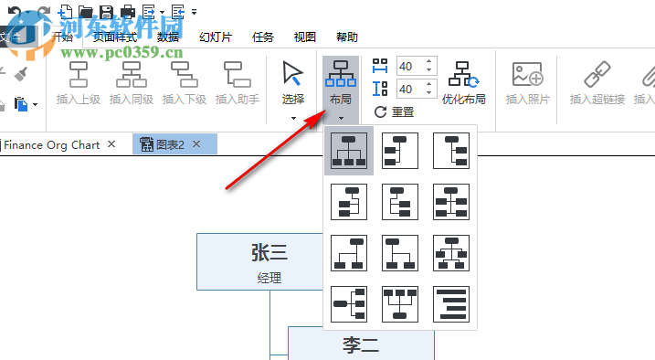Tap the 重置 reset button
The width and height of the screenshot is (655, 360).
tap(394, 112)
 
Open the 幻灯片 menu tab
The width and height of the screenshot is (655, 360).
tap(216, 37)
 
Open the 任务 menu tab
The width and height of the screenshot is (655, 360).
tap(262, 37)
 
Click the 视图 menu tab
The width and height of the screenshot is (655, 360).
tap(305, 37)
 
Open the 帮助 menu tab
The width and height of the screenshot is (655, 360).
tap(347, 37)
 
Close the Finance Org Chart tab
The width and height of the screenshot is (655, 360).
tap(111, 144)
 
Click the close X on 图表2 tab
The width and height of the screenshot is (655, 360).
tap(195, 144)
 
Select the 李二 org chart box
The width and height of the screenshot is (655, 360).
tap(361, 344)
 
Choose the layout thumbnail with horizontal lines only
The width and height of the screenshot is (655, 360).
tap(450, 304)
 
